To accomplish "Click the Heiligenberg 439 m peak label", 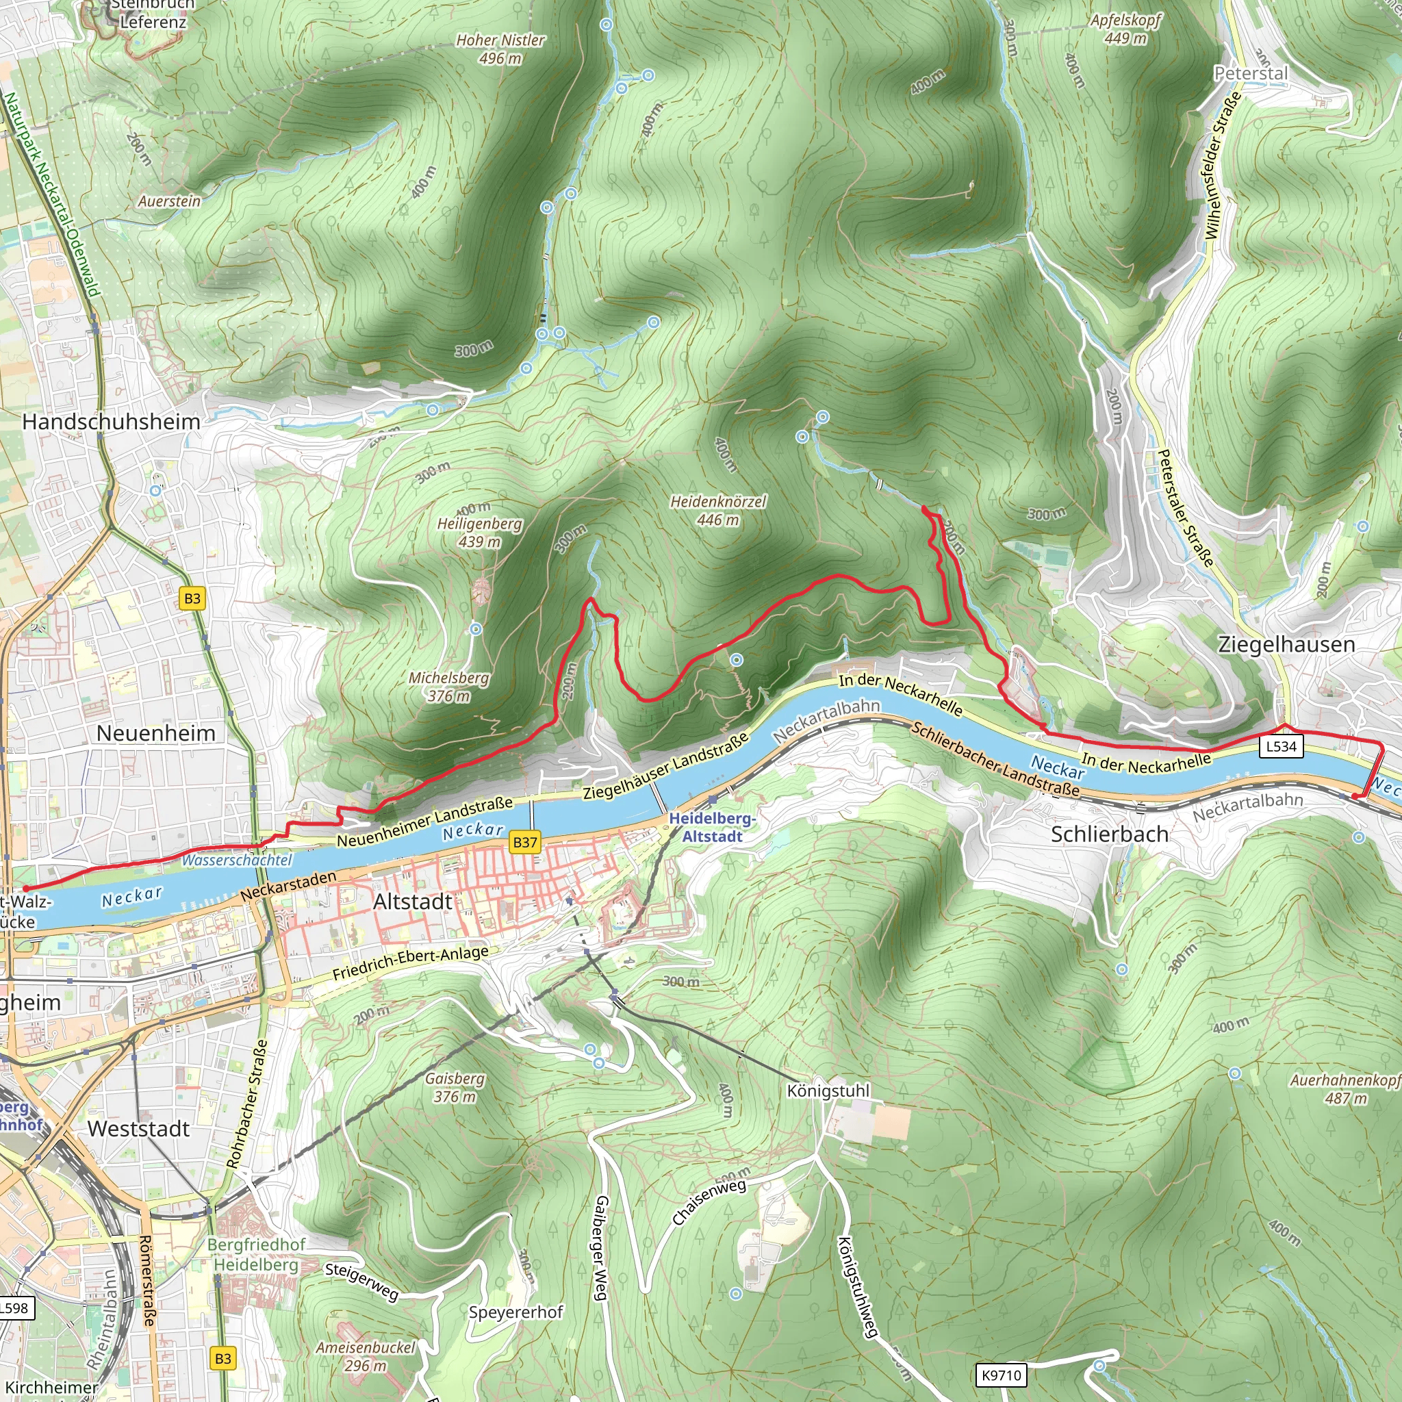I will tap(479, 533).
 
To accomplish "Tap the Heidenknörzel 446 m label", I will tap(717, 511).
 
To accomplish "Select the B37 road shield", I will tap(524, 843).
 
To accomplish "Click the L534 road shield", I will tap(1281, 746).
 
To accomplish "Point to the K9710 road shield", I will tap(1002, 1375).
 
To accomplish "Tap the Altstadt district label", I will tap(412, 902).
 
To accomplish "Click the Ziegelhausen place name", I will tap(1286, 644).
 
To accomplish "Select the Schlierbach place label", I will tap(1110, 834).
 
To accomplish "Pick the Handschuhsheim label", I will tap(111, 422).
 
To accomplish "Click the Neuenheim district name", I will tap(156, 733).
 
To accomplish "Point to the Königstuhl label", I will tap(828, 1091).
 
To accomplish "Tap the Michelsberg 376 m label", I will tap(448, 687).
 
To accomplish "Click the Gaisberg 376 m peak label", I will tap(455, 1087).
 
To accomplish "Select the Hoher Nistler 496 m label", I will tap(500, 49).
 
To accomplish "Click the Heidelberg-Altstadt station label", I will tap(712, 827).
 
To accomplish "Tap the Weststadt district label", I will tap(138, 1129).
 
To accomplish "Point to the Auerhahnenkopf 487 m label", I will tap(1344, 1088).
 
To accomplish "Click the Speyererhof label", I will tap(515, 1312).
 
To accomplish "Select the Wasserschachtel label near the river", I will tap(237, 860).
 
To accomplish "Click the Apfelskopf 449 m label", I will tap(1125, 28).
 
